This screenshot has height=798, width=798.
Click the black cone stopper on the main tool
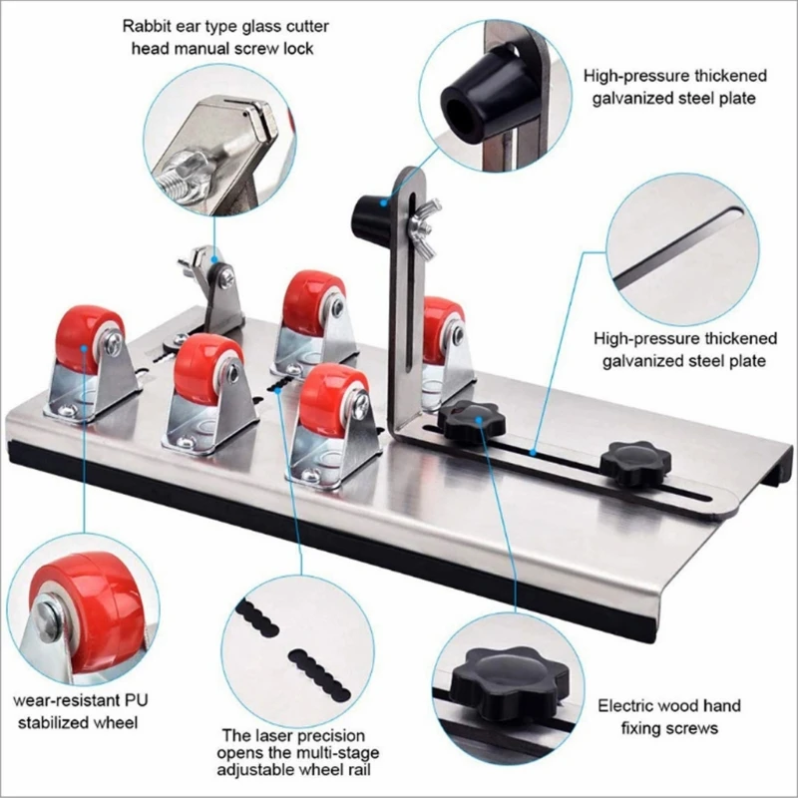(371, 210)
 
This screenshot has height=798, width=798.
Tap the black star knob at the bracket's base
(469, 423)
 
